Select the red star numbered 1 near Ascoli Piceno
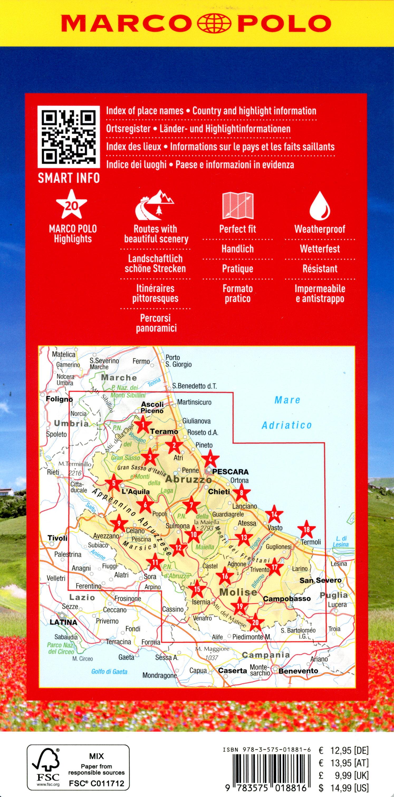pos(143,425)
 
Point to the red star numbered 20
pos(255,623)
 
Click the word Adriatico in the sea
pos(287,425)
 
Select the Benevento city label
pos(298,671)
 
